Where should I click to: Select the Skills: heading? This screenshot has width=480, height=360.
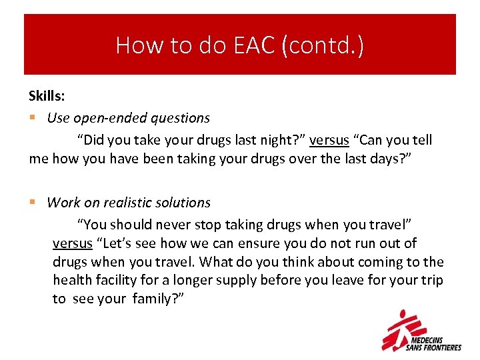(x=46, y=97)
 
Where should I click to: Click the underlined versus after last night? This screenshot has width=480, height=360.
(x=329, y=140)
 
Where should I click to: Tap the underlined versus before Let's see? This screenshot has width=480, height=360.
(x=72, y=243)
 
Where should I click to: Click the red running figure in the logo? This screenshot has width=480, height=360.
(x=404, y=328)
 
